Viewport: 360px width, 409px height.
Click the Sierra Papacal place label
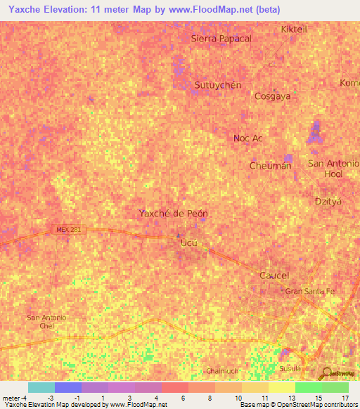(x=221, y=39)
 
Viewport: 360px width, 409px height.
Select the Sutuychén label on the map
(x=217, y=85)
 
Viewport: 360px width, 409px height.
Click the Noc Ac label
(x=247, y=138)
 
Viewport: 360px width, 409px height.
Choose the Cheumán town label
(x=270, y=166)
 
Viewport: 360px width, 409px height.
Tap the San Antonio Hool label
(x=334, y=168)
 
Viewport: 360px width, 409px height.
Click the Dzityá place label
(x=327, y=201)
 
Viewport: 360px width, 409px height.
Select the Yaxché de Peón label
(x=173, y=213)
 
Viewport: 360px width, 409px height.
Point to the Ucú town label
(x=190, y=243)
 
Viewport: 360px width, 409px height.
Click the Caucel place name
(x=274, y=275)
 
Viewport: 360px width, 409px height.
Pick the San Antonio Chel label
(x=46, y=322)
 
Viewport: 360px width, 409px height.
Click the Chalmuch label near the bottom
(x=224, y=371)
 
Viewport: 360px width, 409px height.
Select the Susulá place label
(x=290, y=368)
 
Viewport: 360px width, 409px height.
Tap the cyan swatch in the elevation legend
(x=41, y=387)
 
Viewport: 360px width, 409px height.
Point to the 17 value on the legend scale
(x=345, y=397)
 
